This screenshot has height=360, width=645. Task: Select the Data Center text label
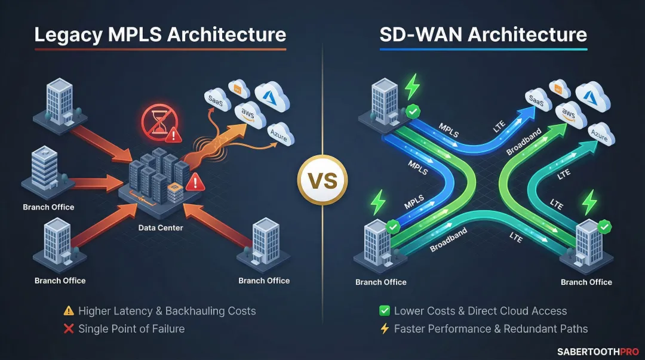point(161,227)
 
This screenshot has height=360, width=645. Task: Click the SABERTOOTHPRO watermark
point(597,352)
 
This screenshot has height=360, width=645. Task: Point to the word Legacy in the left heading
point(66,34)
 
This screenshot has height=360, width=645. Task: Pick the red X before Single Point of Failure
point(69,328)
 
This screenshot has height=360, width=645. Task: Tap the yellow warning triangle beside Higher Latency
point(69,311)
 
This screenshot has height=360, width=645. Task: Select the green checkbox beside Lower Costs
point(385,311)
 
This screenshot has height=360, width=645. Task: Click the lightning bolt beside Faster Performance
point(385,328)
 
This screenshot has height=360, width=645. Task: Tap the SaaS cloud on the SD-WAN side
point(536,101)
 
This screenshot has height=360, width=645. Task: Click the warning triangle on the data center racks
point(195,181)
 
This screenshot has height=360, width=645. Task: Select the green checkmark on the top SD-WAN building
point(412,112)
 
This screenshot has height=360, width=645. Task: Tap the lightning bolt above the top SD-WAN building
point(412,87)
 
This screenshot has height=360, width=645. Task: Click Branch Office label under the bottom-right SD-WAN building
point(586,282)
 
